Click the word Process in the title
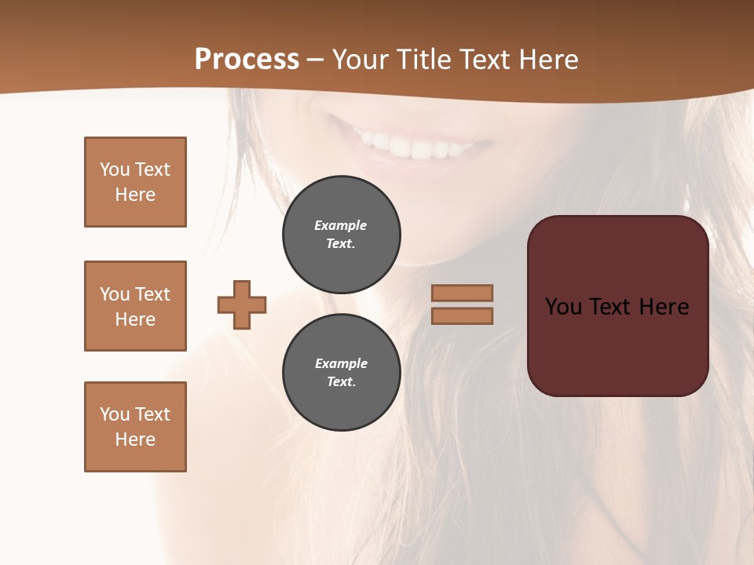(x=247, y=60)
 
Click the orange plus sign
(x=242, y=304)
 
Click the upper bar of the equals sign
(x=462, y=293)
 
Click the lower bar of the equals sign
(x=462, y=315)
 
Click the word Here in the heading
(x=544, y=60)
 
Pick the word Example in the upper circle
(x=340, y=225)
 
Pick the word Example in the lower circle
(x=341, y=363)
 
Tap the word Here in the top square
(x=135, y=195)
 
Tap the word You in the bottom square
(x=114, y=414)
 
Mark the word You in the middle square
(x=114, y=294)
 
